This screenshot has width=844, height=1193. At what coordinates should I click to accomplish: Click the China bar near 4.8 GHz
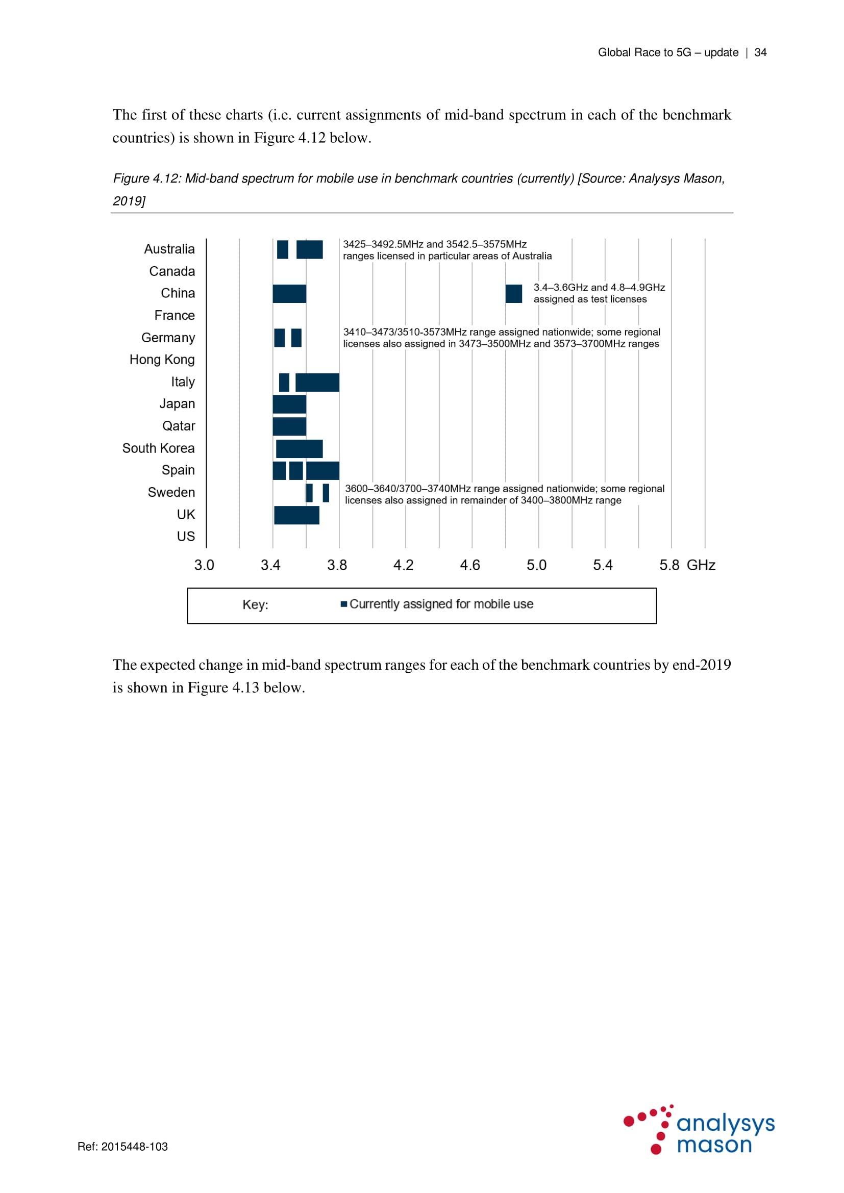pos(513,294)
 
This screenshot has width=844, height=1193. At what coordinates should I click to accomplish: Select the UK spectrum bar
pos(296,515)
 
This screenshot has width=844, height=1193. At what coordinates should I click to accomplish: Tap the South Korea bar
pos(299,448)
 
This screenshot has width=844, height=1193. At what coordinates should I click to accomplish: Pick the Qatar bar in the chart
pos(289,426)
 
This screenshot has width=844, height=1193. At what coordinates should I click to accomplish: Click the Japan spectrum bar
pos(289,404)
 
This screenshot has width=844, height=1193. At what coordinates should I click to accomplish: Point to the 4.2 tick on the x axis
pos(403,565)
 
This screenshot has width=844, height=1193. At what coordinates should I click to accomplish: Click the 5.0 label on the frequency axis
pos(536,565)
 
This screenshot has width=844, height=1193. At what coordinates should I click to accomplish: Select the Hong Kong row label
pos(162,360)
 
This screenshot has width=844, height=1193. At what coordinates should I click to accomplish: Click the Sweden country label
pos(171,492)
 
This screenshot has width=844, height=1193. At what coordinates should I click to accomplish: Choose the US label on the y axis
pos(186,536)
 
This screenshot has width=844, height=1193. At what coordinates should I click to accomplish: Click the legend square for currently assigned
pos(343,604)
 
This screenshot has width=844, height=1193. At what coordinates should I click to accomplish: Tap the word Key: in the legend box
pos(255,605)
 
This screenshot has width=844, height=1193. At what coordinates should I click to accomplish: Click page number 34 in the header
pos(760,53)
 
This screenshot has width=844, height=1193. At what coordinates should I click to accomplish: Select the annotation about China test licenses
pos(599,293)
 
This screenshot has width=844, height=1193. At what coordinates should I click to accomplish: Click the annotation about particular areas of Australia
pos(447,250)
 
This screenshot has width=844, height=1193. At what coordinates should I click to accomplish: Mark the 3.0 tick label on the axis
pos(204,565)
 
